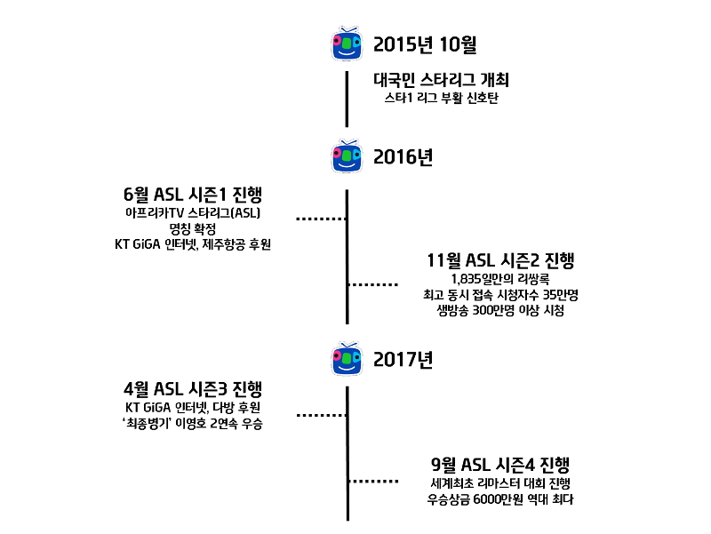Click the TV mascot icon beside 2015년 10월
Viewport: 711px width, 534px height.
pos(347,44)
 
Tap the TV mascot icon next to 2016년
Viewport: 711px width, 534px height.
pos(347,156)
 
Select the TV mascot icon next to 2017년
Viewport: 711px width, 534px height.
pos(347,359)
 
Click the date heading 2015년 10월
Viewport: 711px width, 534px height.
pos(425,44)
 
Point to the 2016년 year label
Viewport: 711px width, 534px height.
pos(403,157)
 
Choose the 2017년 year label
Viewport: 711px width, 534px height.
pos(403,360)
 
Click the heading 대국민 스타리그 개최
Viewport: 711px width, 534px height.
pos(441,80)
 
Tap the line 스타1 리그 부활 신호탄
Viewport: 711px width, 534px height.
pos(441,98)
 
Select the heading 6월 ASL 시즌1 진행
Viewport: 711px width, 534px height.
pos(193,195)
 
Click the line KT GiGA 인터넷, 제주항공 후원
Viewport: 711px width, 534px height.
pos(193,244)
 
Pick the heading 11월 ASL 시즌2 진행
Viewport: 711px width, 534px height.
pos(500,260)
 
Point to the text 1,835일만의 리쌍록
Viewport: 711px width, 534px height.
pos(500,279)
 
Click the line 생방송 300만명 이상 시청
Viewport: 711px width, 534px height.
pos(500,310)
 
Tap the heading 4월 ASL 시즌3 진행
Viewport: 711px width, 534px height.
pos(193,389)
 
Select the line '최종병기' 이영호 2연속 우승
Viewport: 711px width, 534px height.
pos(193,424)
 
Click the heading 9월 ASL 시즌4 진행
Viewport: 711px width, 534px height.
pos(500,465)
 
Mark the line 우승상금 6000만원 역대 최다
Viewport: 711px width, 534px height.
pos(500,499)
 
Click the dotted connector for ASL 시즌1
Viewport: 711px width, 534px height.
pos(322,219)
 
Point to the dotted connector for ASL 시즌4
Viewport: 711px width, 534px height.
pos(373,481)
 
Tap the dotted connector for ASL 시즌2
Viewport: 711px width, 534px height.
pos(373,284)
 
